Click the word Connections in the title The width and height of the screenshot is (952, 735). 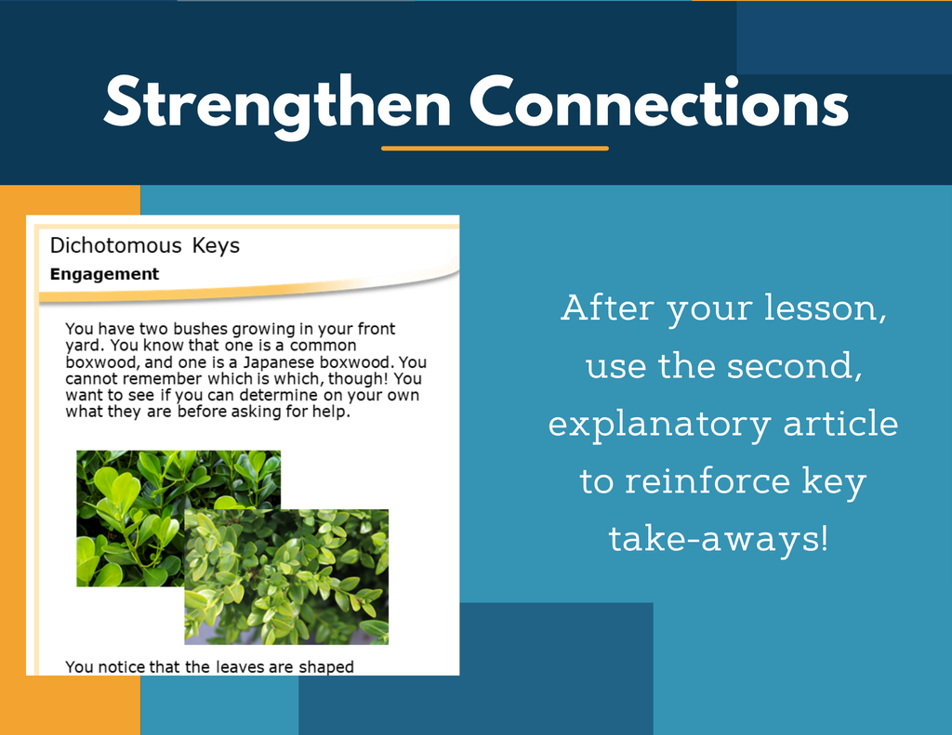(x=659, y=102)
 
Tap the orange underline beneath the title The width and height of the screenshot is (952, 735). (x=495, y=148)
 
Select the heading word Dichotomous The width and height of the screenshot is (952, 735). (x=115, y=245)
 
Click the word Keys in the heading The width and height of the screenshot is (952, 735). (x=216, y=245)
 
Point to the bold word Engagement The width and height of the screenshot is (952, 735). (x=104, y=274)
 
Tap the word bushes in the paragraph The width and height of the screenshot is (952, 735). (x=200, y=329)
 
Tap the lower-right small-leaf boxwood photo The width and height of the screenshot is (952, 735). (x=286, y=577)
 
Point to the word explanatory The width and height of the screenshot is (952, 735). (x=659, y=425)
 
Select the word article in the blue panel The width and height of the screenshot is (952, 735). (x=840, y=423)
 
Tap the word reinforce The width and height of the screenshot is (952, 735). (x=707, y=480)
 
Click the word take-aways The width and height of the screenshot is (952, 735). (x=719, y=539)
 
